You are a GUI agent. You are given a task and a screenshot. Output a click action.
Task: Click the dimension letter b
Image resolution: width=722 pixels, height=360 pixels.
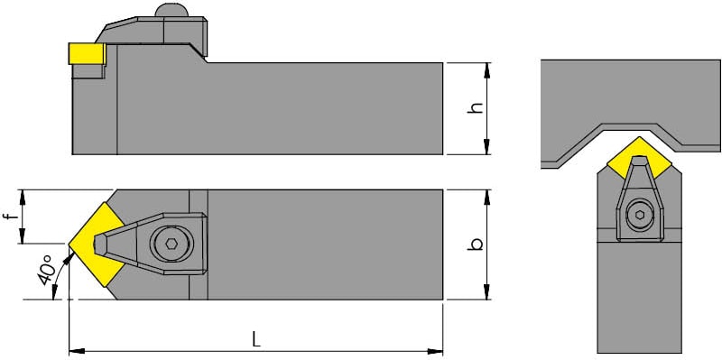[476, 244]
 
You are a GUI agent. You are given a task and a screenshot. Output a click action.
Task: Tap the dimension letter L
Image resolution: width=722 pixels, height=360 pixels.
[256, 340]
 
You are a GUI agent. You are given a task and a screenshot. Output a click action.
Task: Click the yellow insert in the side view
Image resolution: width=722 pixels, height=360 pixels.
[87, 53]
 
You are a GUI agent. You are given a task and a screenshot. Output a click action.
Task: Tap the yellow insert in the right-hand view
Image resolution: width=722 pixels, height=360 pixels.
[639, 158]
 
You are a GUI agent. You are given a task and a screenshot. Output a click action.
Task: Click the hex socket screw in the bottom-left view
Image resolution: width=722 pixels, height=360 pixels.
[171, 244]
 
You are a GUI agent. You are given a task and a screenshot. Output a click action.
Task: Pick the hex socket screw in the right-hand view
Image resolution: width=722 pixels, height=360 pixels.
[640, 215]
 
